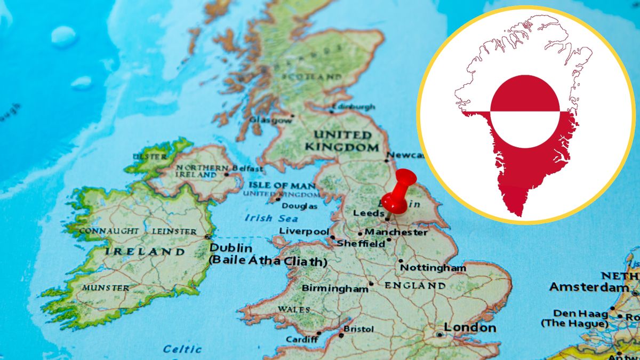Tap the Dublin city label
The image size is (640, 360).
click(231, 248)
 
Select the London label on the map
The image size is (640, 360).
click(470, 328)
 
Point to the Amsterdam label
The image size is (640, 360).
click(589, 287)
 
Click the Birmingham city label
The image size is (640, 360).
click(335, 289)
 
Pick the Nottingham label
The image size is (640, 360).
click(433, 268)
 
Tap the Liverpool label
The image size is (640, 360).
click(304, 231)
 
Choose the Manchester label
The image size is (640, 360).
click(396, 233)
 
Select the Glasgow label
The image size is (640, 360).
click(270, 120)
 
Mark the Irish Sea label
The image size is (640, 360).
click(266, 218)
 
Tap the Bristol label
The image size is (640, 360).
click(358, 329)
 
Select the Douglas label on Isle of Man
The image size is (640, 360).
click(299, 206)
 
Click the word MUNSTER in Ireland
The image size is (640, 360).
click(105, 288)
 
